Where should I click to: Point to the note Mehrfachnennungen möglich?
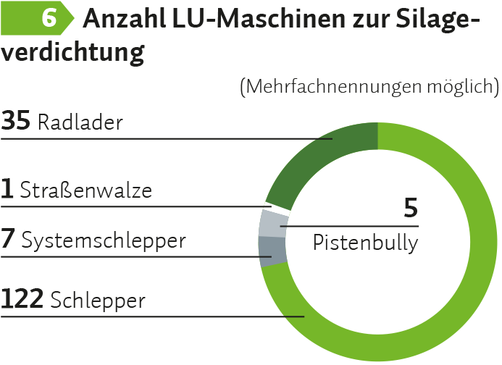point(369,87)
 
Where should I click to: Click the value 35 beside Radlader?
point(16,121)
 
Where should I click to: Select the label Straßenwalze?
point(86,190)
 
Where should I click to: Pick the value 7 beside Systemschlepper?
point(8,239)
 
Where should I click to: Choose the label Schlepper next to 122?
point(99,299)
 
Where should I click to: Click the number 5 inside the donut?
point(411,209)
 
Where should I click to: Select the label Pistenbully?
point(365,243)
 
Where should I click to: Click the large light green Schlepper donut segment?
point(464,290)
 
